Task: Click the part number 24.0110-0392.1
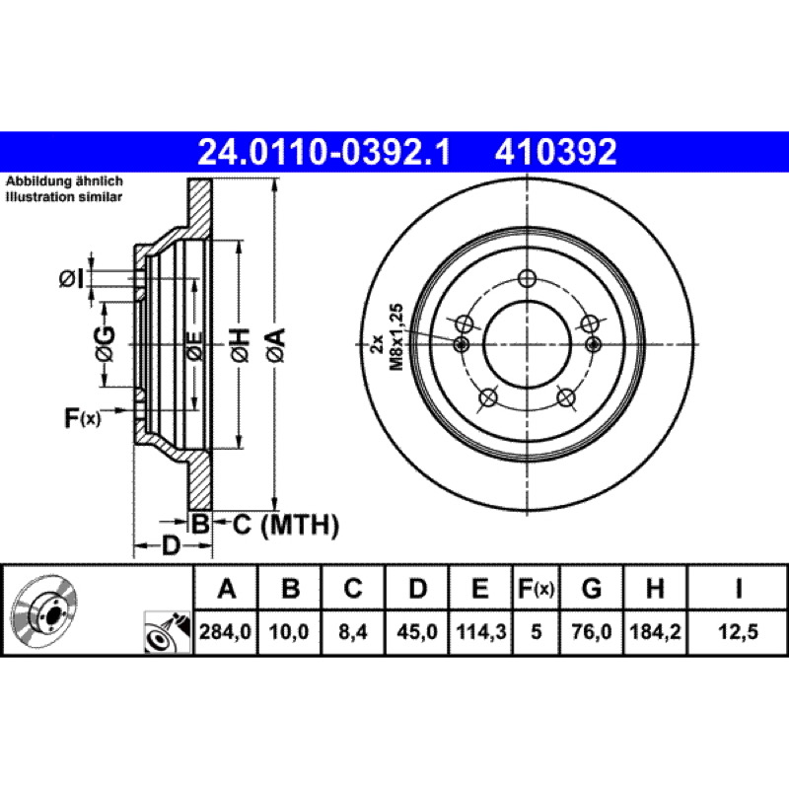(324, 152)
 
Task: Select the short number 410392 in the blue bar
(555, 152)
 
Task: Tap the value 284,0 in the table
(226, 631)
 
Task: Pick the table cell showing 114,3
(480, 631)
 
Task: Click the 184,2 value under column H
(655, 631)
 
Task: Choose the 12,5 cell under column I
(738, 631)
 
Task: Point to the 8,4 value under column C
(353, 631)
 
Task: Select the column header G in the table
(591, 588)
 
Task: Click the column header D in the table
(417, 588)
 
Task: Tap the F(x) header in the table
(536, 588)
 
